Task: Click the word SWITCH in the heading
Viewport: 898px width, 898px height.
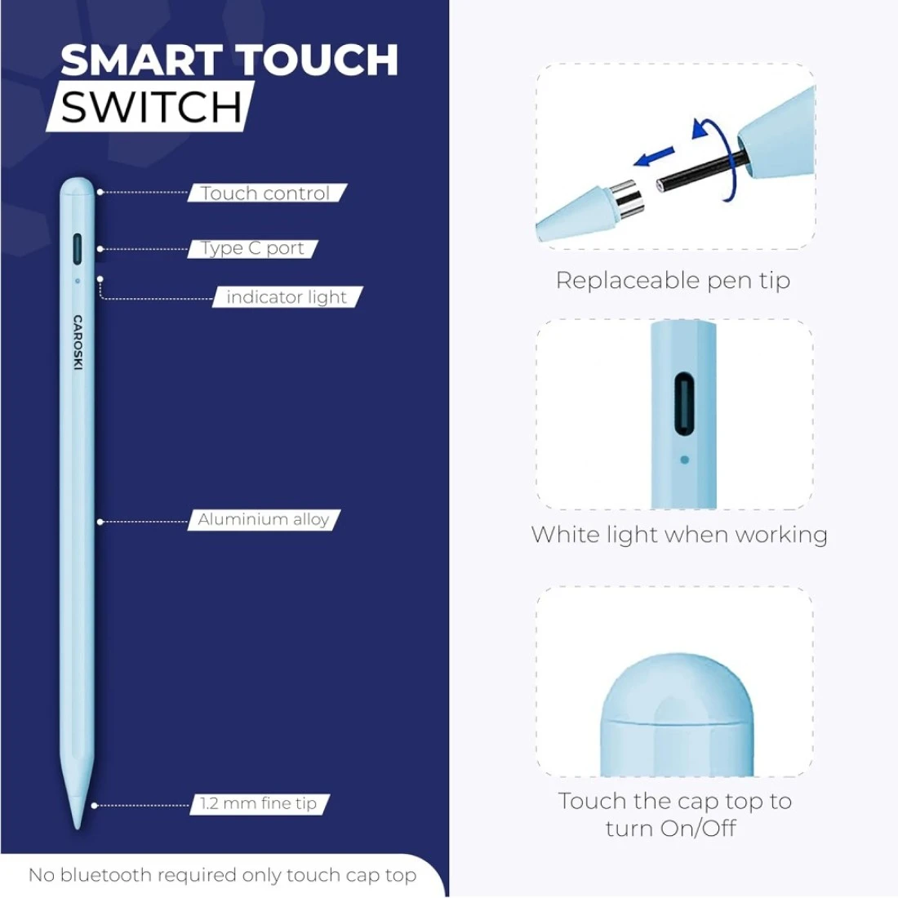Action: click(x=151, y=107)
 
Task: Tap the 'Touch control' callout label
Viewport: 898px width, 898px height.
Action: click(x=265, y=193)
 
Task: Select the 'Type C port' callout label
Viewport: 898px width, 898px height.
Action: click(x=252, y=248)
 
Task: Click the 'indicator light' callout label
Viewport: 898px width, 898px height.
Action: click(x=287, y=296)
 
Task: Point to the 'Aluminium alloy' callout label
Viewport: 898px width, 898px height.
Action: click(x=264, y=519)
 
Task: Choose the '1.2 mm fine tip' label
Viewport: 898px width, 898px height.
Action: click(x=258, y=803)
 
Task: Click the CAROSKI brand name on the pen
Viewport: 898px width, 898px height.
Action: click(x=78, y=342)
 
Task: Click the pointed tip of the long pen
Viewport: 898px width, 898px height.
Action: click(x=77, y=827)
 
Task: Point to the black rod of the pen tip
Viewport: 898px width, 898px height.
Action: click(x=700, y=171)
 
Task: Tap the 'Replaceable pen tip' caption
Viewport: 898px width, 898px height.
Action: click(x=673, y=281)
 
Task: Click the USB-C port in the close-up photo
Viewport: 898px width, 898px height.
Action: click(x=684, y=404)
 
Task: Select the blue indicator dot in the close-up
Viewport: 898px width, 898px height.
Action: click(x=684, y=460)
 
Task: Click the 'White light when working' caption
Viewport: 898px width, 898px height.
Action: click(x=679, y=535)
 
